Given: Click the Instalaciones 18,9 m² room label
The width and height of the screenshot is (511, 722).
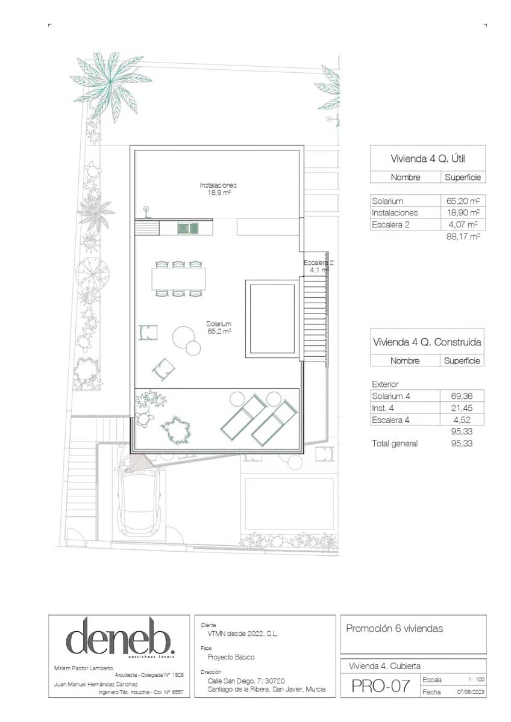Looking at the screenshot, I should click(218, 190).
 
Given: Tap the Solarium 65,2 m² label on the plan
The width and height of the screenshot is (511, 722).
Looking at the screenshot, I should click(219, 327).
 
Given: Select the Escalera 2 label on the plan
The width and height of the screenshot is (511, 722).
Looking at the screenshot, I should click(318, 266).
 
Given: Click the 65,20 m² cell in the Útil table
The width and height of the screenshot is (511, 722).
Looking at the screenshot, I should click(462, 201).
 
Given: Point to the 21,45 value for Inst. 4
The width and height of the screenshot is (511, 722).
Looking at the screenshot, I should click(463, 408).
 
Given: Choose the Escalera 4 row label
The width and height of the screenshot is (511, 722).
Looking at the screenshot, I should click(390, 420).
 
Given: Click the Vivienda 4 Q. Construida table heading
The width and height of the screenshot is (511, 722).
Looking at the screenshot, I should click(427, 342).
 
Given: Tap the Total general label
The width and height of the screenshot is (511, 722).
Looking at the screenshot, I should click(395, 443).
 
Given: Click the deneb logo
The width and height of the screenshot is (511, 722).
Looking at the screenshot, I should click(120, 638).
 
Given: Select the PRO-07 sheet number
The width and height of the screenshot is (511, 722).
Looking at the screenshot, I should click(380, 686).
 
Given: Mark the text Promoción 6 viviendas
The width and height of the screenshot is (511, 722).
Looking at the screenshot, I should click(394, 629).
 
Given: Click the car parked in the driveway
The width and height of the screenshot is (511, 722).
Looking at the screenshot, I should click(140, 497).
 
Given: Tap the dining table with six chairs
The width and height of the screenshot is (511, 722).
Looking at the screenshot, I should click(178, 279).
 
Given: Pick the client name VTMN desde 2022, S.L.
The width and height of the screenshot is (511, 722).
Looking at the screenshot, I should click(239, 634).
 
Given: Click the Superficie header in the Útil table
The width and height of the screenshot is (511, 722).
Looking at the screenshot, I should click(462, 177).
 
